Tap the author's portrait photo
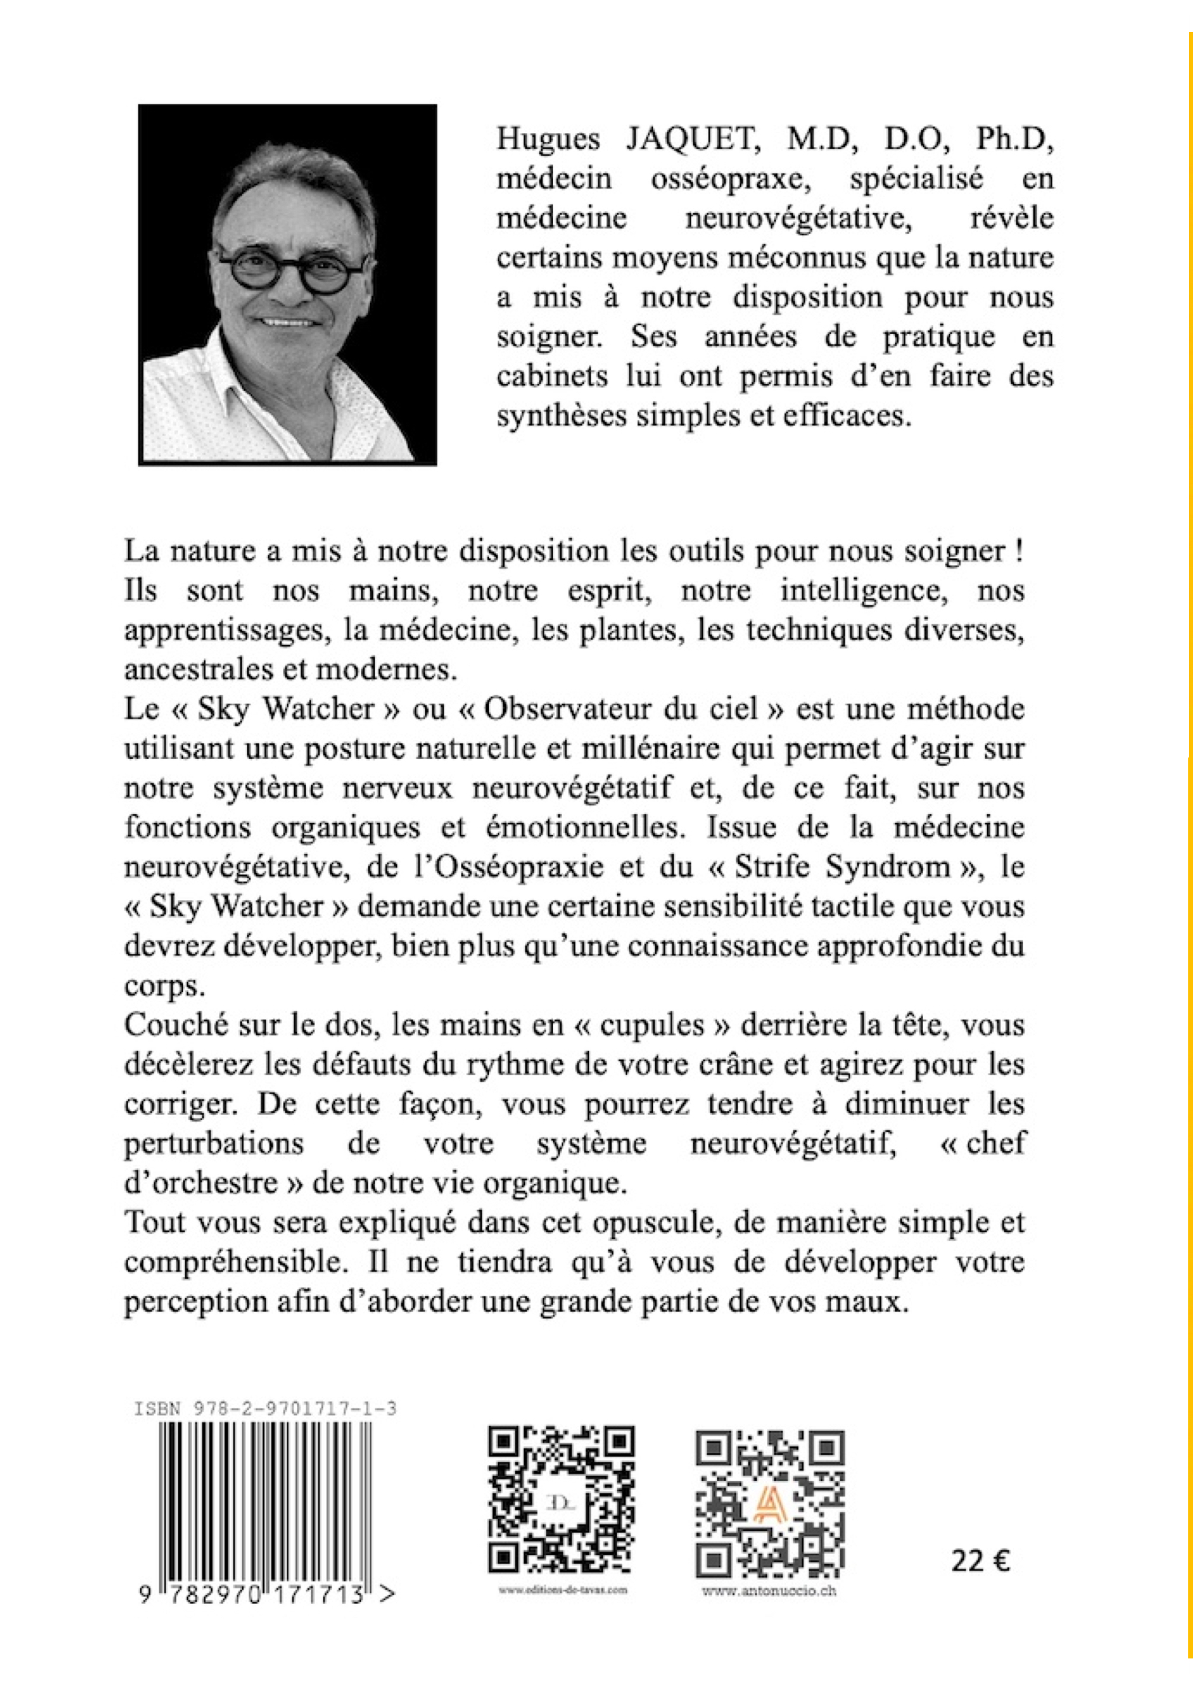288,284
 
